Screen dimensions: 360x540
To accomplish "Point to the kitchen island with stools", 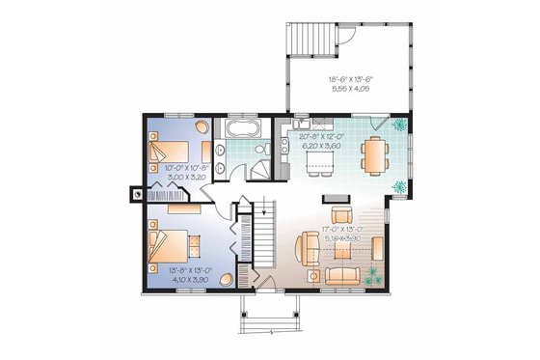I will click(320, 166).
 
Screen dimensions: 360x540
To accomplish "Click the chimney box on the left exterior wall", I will click(135, 193).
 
